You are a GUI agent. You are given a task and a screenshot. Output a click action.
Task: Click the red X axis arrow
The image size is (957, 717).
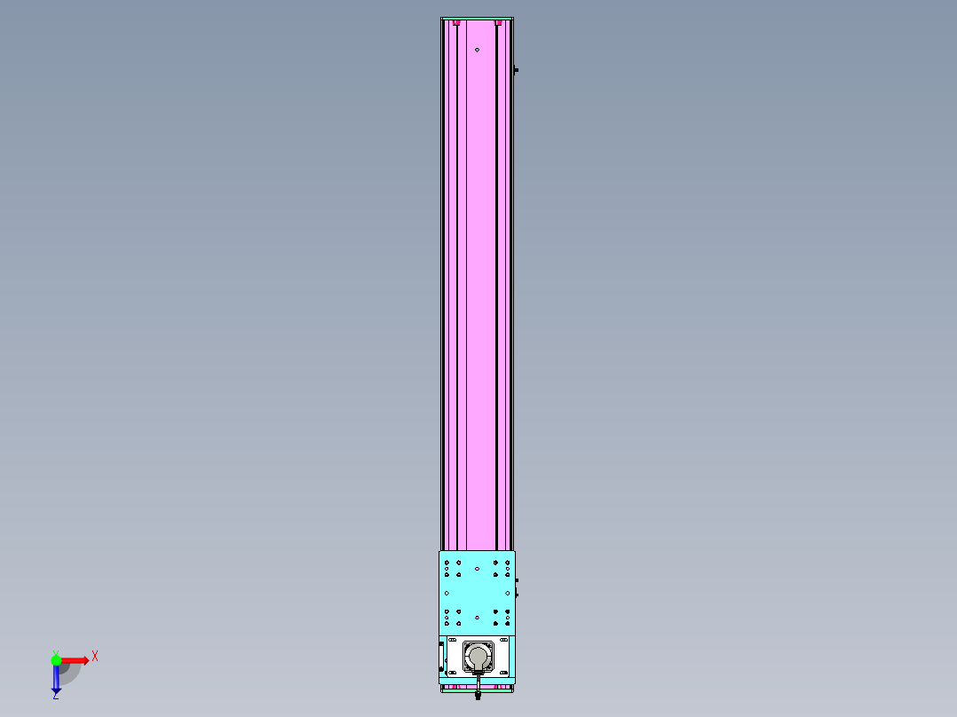[x=75, y=659]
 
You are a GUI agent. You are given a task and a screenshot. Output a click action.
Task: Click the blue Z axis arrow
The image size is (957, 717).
[x=56, y=680]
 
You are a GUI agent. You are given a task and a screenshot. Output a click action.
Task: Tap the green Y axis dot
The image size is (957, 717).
[x=56, y=659]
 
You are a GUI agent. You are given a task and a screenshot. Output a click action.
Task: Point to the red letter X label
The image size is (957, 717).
[x=94, y=657]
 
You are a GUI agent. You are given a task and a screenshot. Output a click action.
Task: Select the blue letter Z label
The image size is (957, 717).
[x=55, y=697]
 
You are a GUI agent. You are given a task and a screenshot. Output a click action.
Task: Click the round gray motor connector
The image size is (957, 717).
[x=478, y=658]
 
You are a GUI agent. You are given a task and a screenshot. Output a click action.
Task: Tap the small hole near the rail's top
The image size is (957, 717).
[x=477, y=50]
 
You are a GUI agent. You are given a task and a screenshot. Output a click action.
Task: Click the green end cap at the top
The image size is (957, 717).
[x=477, y=19]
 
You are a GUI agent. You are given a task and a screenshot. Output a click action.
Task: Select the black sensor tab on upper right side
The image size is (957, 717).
[x=516, y=70]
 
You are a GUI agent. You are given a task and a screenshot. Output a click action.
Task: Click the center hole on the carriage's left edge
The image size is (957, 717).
[x=447, y=593]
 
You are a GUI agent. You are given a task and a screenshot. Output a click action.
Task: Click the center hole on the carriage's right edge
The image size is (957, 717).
[x=508, y=593]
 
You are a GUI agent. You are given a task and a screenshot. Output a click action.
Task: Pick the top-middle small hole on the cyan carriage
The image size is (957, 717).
[x=477, y=568]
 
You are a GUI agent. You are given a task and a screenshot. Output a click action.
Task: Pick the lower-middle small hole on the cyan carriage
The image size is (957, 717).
[x=477, y=617]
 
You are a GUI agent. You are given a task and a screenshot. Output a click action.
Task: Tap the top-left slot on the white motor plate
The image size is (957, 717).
[x=452, y=641]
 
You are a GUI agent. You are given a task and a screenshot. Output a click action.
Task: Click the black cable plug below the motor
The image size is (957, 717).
[x=478, y=696]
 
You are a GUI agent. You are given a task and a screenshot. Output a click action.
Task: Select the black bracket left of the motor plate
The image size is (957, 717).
[x=441, y=657]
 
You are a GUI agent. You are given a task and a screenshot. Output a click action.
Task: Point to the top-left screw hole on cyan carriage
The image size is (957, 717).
[x=447, y=562]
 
